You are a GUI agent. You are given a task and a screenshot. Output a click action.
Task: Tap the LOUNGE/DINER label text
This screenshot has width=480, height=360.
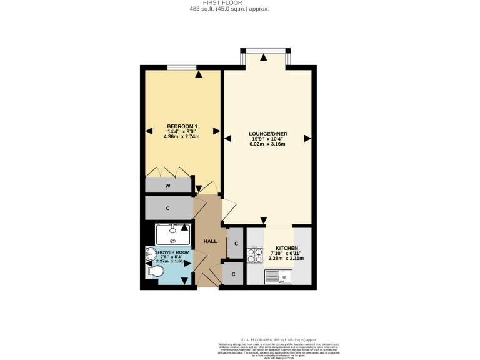(x=267, y=133)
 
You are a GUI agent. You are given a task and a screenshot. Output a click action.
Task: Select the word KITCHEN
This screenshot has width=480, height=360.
(x=286, y=247)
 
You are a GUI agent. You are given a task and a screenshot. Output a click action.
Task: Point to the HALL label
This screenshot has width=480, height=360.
(x=211, y=241)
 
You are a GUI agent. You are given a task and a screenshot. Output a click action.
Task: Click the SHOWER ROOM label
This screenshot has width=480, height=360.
(x=173, y=252)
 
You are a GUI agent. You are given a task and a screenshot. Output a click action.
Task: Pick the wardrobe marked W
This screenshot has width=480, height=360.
(x=168, y=186)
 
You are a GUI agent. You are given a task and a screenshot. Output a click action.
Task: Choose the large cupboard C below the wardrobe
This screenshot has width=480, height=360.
(x=168, y=208)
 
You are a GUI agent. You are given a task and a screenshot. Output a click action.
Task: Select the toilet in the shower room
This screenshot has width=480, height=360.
(x=155, y=272)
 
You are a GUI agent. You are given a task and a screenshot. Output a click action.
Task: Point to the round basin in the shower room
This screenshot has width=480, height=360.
(x=150, y=253)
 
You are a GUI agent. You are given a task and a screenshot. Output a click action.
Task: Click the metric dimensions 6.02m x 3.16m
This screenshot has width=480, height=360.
(x=267, y=144)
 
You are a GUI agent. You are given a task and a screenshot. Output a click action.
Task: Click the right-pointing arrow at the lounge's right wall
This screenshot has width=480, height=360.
(x=307, y=138)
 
